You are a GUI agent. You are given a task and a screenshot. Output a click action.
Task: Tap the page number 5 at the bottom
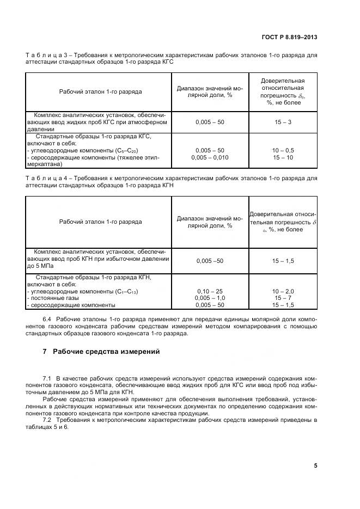[315, 465]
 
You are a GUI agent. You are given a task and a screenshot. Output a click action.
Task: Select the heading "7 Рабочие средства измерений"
[101, 351]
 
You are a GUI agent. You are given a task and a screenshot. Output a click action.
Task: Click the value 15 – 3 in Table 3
[283, 122]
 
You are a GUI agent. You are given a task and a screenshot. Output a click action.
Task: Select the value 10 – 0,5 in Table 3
[283, 150]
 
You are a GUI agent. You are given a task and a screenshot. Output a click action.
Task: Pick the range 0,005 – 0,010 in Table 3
[210, 157]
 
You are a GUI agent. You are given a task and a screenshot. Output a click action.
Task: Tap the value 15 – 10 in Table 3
[283, 157]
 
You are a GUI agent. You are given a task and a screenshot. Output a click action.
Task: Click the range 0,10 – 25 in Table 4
[210, 292]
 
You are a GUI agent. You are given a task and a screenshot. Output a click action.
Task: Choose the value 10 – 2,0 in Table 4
[283, 292]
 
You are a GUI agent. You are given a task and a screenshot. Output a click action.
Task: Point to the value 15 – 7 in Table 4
[283, 298]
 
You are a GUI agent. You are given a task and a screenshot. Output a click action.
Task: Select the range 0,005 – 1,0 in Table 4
[210, 298]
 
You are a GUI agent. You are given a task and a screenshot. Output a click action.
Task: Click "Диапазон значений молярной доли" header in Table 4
[210, 222]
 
